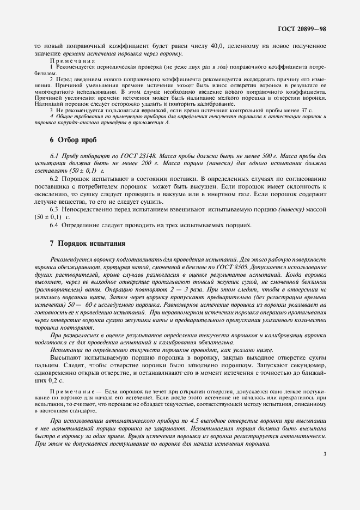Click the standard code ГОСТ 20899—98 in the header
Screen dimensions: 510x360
pyautogui.click(x=302, y=28)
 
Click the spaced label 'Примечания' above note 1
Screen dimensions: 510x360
pyautogui.click(x=72, y=62)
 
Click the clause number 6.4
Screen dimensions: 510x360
pyautogui.click(x=54, y=225)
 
